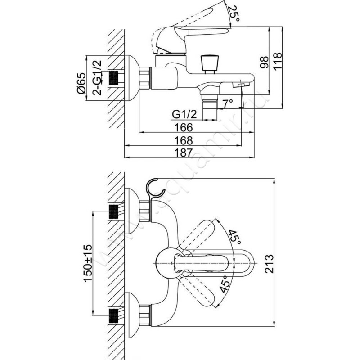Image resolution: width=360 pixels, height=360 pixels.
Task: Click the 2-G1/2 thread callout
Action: point(95,77)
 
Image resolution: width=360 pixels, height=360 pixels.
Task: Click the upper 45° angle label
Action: point(234,236)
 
